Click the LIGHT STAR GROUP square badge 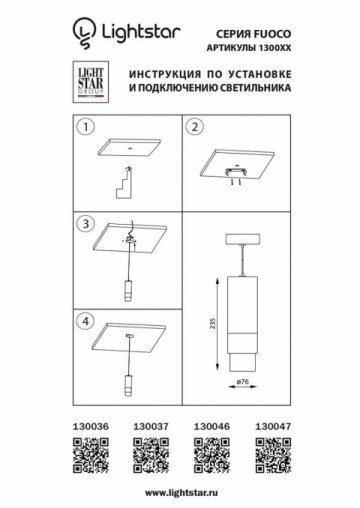click(x=93, y=83)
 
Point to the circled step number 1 click(x=86, y=127)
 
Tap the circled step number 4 click(x=86, y=322)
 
